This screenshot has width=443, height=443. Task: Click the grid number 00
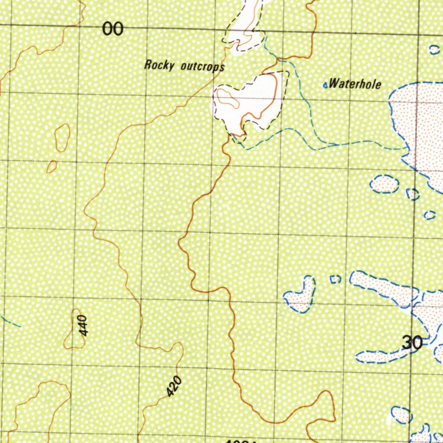[113, 29]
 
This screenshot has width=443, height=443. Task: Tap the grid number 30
[412, 343]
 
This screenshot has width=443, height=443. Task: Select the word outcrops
[202, 67]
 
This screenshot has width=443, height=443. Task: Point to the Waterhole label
[355, 83]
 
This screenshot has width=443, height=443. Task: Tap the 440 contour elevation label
[83, 325]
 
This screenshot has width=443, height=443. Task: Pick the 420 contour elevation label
[174, 386]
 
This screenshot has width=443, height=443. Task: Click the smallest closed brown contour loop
[52, 167]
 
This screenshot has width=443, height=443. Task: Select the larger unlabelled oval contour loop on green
[62, 138]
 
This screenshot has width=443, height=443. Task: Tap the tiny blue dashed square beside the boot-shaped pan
[335, 279]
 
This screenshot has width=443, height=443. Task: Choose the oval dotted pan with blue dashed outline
[384, 184]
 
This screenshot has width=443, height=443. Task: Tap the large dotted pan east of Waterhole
[417, 125]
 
